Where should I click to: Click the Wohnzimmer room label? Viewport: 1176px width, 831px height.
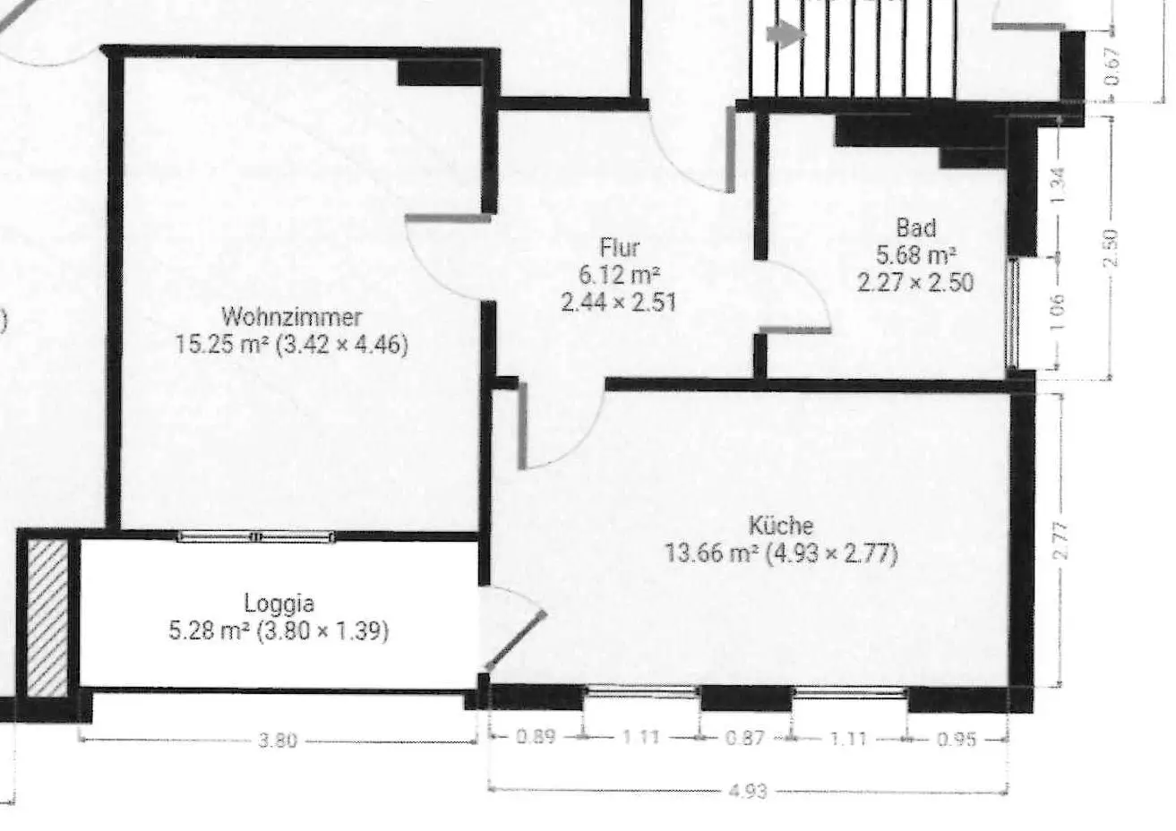point(292,316)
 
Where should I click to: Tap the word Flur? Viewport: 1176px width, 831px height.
point(619,246)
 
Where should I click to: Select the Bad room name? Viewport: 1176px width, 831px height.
point(915,227)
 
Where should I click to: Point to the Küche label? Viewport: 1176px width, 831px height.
point(781,525)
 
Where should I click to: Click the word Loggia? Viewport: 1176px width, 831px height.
point(279,603)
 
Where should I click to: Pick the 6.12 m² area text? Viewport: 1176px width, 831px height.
point(619,274)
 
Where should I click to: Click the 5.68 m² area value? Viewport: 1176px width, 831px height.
point(915,254)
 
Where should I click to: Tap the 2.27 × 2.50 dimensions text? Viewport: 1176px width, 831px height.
point(915,283)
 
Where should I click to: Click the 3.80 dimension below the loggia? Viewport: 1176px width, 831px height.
point(278,741)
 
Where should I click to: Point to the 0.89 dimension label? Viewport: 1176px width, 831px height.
point(536,738)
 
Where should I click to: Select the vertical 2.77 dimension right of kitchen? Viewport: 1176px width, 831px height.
point(1061,540)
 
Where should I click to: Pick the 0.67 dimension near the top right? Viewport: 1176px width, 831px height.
point(1112,65)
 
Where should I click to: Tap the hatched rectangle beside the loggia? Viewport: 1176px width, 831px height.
point(47,617)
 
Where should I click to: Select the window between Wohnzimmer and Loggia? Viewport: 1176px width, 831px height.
point(256,536)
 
